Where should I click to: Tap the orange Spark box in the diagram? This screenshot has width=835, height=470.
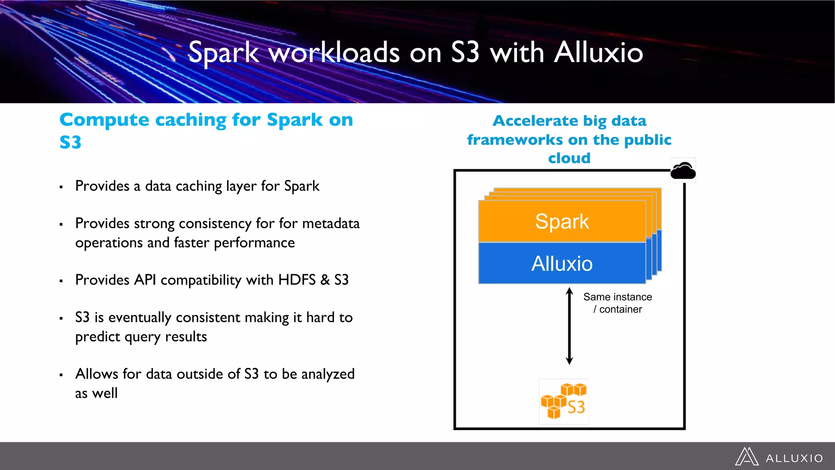(x=562, y=222)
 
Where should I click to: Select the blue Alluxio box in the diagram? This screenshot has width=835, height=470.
(x=562, y=264)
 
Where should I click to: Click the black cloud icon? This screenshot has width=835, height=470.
(x=683, y=171)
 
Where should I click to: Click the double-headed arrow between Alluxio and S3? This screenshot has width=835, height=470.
(x=570, y=326)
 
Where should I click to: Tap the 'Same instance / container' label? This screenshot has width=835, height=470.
(x=617, y=303)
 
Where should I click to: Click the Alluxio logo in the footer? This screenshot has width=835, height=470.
(x=779, y=457)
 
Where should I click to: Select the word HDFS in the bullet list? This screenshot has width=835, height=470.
(x=296, y=280)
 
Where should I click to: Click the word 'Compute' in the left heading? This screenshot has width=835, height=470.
(x=104, y=120)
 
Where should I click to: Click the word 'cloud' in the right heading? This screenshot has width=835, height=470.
(x=569, y=158)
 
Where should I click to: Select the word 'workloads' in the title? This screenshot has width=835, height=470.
(x=334, y=53)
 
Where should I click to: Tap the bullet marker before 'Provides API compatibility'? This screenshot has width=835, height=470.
(x=61, y=281)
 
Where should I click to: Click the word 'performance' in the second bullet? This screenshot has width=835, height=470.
(x=254, y=243)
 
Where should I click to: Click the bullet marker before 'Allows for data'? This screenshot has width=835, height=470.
(x=61, y=375)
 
